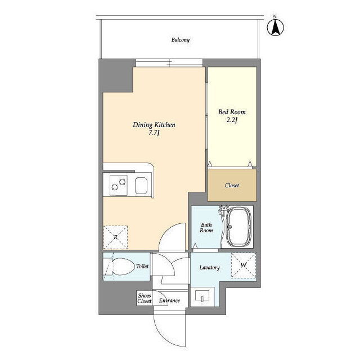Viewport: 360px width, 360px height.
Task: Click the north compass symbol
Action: coord(275,27)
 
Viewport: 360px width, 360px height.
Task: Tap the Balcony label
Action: coord(181,40)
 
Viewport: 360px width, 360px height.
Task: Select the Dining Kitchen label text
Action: coord(154,125)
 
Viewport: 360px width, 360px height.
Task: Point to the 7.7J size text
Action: coord(154,133)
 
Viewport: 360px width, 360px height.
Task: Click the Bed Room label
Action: coord(232,112)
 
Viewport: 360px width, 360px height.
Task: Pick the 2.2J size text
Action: coord(232,120)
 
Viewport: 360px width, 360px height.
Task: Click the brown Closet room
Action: coord(232,185)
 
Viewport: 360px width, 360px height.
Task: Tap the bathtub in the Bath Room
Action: coord(238,227)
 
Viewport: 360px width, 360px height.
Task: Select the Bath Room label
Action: coord(206,227)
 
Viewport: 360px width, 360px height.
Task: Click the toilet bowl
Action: coord(123,267)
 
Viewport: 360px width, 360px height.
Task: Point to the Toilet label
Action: coord(142,266)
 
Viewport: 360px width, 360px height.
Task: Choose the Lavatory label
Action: coord(210,268)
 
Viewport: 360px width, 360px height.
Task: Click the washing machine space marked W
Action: coord(244,265)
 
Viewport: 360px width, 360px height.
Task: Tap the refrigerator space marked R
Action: coord(115,237)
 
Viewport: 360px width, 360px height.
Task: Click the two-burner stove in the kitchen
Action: coord(119,185)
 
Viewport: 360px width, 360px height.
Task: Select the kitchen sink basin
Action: coord(141,186)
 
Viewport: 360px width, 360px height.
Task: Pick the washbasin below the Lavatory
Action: coord(202,296)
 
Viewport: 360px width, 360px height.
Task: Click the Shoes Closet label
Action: coord(145,298)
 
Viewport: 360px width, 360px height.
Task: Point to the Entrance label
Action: coord(169,300)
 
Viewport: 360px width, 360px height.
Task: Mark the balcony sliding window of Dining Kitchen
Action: coord(169,62)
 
